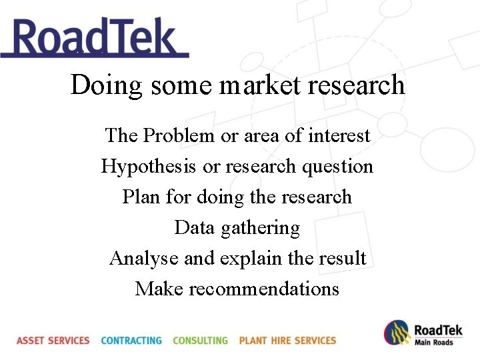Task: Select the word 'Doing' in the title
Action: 107,85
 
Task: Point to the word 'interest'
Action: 339,135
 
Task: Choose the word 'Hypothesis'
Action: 150,166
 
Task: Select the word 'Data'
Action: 195,227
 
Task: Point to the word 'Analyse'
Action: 143,258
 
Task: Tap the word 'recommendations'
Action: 264,289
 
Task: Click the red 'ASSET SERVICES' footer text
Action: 53,340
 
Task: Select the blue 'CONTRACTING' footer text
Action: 131,340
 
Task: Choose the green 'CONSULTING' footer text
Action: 200,340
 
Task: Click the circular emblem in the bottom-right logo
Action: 396,332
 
